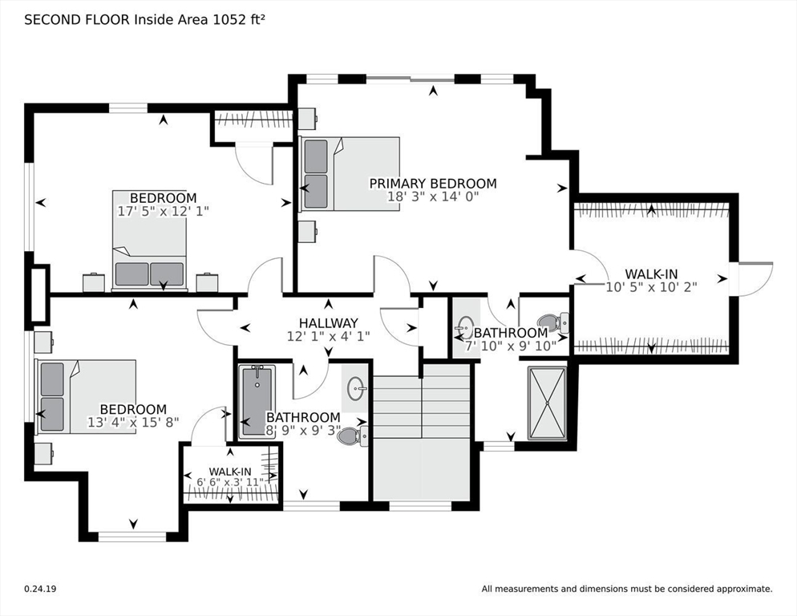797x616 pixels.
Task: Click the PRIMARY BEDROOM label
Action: pyautogui.click(x=432, y=183)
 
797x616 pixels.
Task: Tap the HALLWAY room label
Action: pyautogui.click(x=329, y=323)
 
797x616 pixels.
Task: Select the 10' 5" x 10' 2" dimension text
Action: pyautogui.click(x=651, y=287)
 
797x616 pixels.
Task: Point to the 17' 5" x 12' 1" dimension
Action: pyautogui.click(x=163, y=211)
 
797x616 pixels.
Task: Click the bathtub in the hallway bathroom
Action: pyautogui.click(x=257, y=401)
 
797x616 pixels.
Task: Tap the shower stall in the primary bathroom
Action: pyautogui.click(x=547, y=403)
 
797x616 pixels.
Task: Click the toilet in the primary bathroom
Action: pyautogui.click(x=553, y=322)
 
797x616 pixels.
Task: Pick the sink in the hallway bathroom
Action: pyautogui.click(x=358, y=390)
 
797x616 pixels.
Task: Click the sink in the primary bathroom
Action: pyautogui.click(x=467, y=325)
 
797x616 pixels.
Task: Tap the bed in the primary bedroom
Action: pyautogui.click(x=350, y=173)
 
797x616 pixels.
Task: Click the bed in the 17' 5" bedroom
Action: pyautogui.click(x=149, y=241)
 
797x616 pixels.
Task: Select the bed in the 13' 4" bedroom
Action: pyautogui.click(x=85, y=397)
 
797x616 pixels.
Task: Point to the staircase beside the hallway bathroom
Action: pyautogui.click(x=422, y=438)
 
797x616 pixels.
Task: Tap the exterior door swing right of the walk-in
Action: pyautogui.click(x=756, y=279)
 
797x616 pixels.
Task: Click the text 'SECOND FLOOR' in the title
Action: pyautogui.click(x=77, y=20)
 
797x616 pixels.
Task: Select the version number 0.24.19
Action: pyautogui.click(x=40, y=589)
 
